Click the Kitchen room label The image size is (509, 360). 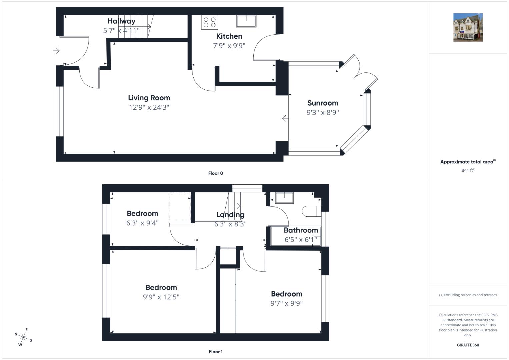point(229,36)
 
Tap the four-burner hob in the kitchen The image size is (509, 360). point(210,22)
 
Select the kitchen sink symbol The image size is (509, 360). point(246,21)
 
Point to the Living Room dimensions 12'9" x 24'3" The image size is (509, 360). point(149,107)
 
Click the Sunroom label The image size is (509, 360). point(323,103)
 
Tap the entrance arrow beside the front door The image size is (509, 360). point(56,50)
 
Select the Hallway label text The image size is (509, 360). point(121,21)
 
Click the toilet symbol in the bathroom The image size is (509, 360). point(311,211)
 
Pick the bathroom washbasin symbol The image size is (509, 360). point(284,198)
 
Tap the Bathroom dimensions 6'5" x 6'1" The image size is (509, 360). point(301,240)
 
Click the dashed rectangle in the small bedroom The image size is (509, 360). point(180,206)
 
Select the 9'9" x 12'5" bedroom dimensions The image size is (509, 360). point(161,297)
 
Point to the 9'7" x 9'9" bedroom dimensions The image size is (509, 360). point(287,303)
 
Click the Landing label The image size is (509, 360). point(230,215)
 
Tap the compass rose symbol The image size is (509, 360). point(23,337)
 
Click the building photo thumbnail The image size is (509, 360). point(468,27)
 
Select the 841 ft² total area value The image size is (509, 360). point(468,170)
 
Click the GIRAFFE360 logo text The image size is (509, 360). point(468,345)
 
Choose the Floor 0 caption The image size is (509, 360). point(215,173)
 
